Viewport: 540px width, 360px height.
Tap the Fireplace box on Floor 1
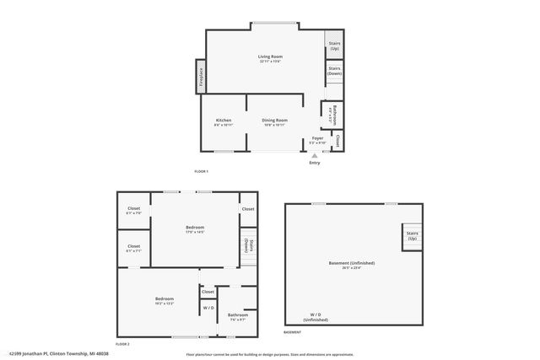tap(201, 78)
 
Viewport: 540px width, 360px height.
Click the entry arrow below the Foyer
tap(315, 155)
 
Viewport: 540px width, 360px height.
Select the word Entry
tap(315, 163)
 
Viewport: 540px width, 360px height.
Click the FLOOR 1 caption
tap(201, 171)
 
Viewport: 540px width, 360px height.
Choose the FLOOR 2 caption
tap(122, 344)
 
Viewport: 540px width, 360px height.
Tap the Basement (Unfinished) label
tap(351, 263)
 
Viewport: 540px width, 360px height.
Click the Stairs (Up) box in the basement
tap(412, 237)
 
